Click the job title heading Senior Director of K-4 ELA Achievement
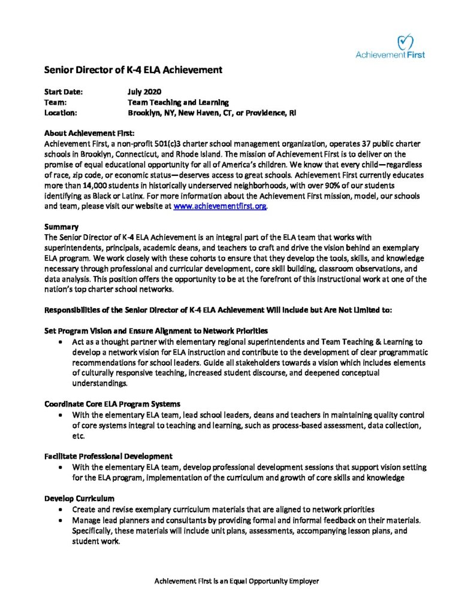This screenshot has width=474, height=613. pyautogui.click(x=133, y=70)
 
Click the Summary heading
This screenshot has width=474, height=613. pyautogui.click(x=62, y=227)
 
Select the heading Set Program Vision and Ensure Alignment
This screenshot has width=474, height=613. pyautogui.click(x=156, y=330)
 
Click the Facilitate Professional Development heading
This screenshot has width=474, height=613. pyautogui.click(x=108, y=456)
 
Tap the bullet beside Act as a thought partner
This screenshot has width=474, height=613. pyautogui.click(x=62, y=342)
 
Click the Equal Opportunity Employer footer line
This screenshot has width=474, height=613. pyautogui.click(x=237, y=581)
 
